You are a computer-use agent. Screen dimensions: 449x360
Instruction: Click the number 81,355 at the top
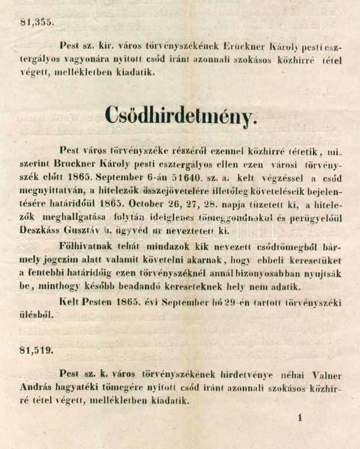tap(36, 22)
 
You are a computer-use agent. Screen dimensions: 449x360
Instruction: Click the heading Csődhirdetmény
tap(181, 116)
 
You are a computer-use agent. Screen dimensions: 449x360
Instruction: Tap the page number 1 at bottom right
tap(300, 417)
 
